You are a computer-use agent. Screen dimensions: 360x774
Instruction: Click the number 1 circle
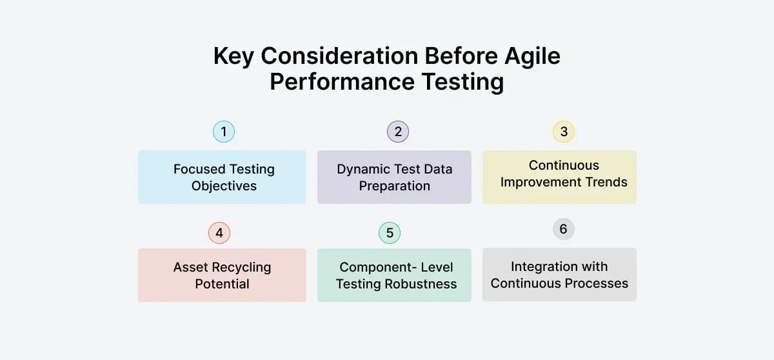pyautogui.click(x=223, y=132)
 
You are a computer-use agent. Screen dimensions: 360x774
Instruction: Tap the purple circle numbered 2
pyautogui.click(x=398, y=132)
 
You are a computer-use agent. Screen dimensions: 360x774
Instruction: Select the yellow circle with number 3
pyautogui.click(x=564, y=132)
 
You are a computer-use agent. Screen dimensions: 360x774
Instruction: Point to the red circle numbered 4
pyautogui.click(x=219, y=233)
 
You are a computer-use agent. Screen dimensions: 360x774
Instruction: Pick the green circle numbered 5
pyautogui.click(x=389, y=233)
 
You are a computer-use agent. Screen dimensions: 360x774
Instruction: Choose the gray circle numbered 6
pyautogui.click(x=564, y=229)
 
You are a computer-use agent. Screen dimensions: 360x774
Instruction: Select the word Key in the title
pyautogui.click(x=233, y=56)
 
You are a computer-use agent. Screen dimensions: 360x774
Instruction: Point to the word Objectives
pyautogui.click(x=224, y=186)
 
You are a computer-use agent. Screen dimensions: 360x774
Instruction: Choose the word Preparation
pyautogui.click(x=394, y=186)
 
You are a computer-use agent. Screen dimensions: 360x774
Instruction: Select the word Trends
pyautogui.click(x=606, y=182)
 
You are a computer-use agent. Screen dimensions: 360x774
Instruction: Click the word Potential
pyautogui.click(x=222, y=284)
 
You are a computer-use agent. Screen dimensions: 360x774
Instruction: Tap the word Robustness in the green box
pyautogui.click(x=423, y=284)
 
